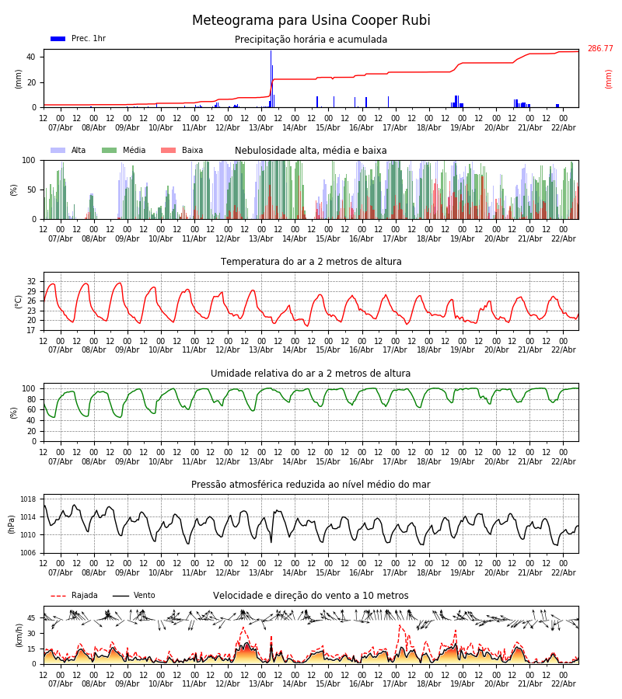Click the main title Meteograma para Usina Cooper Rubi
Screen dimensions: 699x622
point(311,21)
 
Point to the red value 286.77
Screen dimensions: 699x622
point(599,49)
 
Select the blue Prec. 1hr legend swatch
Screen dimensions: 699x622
point(58,39)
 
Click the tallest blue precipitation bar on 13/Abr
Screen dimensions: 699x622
point(271,78)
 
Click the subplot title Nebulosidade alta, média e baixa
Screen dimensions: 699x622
point(310,151)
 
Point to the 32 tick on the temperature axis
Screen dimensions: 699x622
point(32,281)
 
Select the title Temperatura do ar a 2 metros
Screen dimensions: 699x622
point(311,262)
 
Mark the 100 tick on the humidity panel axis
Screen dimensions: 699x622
point(29,388)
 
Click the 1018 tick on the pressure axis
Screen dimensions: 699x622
point(29,499)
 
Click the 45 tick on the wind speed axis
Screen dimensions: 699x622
point(32,618)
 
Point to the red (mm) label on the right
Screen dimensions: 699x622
point(609,78)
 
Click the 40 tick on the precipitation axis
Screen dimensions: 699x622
point(31,57)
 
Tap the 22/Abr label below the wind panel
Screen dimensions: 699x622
point(563,684)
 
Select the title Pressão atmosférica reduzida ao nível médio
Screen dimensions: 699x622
point(310,485)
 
